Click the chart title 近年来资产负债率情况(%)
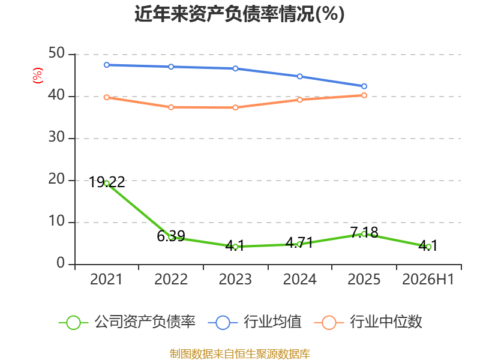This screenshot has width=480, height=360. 239,14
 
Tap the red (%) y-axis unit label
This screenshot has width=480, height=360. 38,76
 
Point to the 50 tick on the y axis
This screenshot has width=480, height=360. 56,53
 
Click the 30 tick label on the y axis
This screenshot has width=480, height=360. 56,137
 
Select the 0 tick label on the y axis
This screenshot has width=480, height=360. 61,263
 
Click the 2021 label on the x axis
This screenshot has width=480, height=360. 106,279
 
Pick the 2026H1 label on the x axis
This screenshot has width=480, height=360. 428,279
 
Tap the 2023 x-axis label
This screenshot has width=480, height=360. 235,279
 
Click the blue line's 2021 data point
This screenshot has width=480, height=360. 107,65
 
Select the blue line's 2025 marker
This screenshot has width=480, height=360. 364,86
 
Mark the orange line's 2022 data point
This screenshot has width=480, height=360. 171,107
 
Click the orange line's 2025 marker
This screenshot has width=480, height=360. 364,95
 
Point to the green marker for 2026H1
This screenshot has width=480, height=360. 428,247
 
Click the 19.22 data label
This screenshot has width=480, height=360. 107,182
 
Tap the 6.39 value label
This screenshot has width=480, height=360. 171,236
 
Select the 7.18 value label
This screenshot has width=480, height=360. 364,232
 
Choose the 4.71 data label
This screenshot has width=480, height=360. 299,243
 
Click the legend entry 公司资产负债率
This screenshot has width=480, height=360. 127,322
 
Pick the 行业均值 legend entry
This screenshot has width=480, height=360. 254,322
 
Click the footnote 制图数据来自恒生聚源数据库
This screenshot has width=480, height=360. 239,353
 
